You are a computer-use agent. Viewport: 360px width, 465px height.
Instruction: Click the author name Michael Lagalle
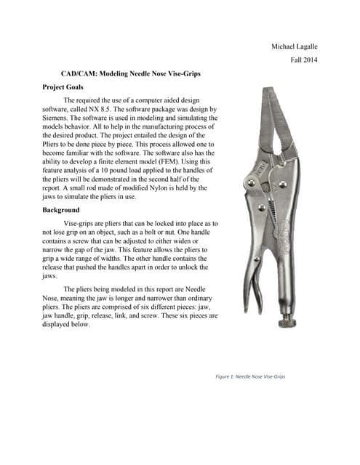(x=294, y=47)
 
